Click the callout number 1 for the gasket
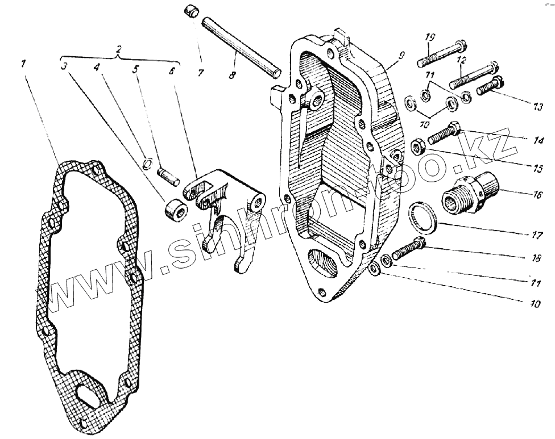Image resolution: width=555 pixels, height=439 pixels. (23, 64)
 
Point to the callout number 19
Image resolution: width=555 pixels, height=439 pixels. (429, 38)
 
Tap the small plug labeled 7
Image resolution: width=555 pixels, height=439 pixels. (190, 11)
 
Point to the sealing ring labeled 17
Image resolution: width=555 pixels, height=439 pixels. (421, 219)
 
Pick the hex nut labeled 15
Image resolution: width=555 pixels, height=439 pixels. (418, 148)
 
